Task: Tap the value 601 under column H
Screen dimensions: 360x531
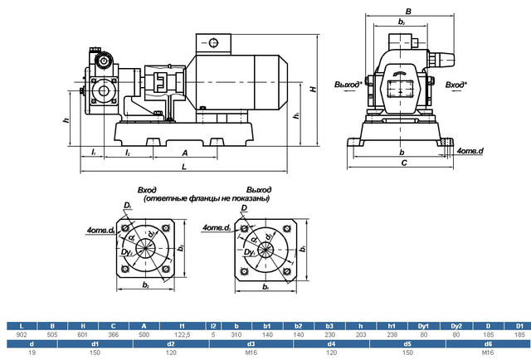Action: point(81,333)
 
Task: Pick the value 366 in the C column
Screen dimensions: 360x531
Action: point(113,333)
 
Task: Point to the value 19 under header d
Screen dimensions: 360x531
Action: point(32,351)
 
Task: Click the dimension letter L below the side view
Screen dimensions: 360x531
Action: point(183,168)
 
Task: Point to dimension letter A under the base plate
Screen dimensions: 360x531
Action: point(184,153)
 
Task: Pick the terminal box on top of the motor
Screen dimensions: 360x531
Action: point(216,43)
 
